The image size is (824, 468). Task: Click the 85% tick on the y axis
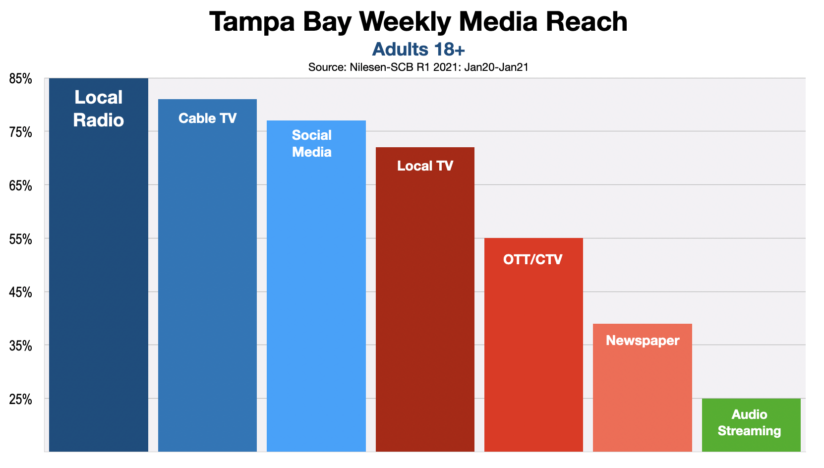(x=20, y=79)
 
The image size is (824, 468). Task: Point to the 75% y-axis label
(x=20, y=133)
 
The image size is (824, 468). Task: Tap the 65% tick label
(x=20, y=186)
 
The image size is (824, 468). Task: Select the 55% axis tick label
(x=20, y=240)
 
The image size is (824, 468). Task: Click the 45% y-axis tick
(x=20, y=293)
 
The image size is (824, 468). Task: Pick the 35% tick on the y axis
(x=20, y=346)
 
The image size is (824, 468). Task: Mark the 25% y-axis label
(x=20, y=400)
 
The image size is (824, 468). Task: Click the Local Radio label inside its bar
(x=98, y=109)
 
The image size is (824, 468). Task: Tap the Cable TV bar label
(x=207, y=118)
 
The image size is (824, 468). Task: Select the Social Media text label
(x=311, y=144)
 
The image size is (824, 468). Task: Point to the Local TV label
(x=425, y=166)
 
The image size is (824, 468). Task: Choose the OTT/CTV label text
(x=532, y=260)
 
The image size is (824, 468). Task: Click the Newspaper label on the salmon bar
(x=642, y=341)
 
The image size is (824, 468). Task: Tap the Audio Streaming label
(x=749, y=423)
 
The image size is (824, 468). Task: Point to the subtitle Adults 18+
(x=418, y=50)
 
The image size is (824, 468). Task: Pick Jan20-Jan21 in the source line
(x=496, y=67)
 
